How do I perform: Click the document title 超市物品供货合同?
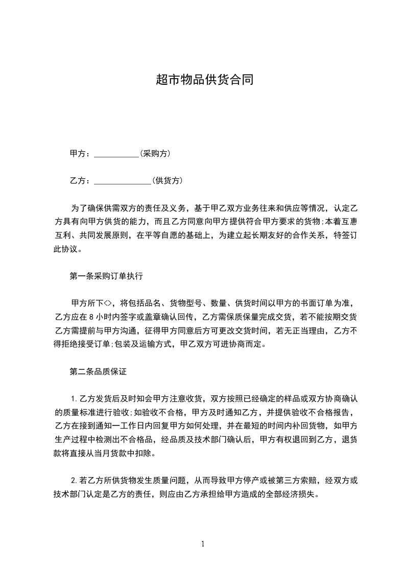(204, 80)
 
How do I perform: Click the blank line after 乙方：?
(123, 181)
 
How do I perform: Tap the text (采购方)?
(155, 154)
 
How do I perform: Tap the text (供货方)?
(167, 181)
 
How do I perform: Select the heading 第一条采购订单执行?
(106, 276)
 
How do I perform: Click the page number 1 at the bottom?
(203, 544)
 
